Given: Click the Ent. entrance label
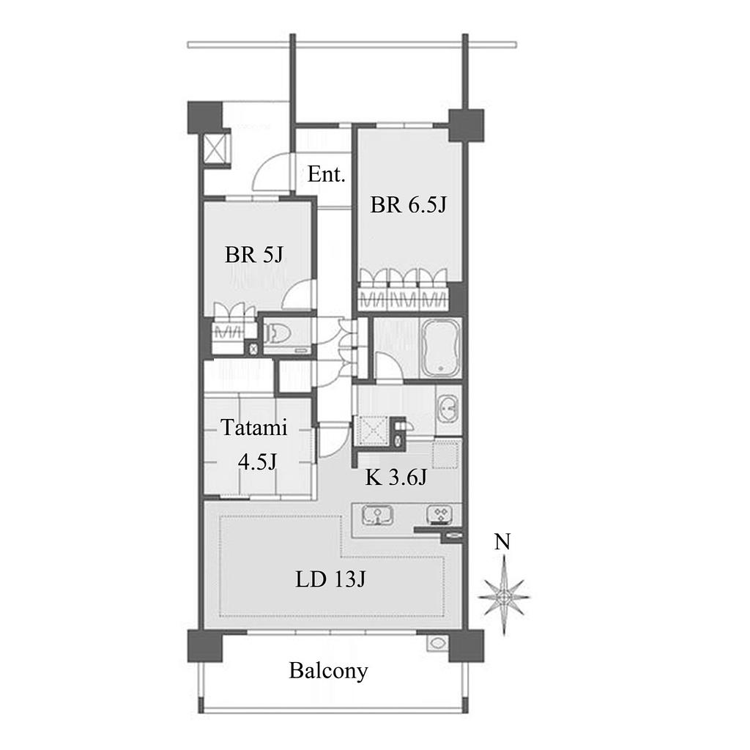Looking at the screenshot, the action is [326, 174].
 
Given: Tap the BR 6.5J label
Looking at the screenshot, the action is [409, 205].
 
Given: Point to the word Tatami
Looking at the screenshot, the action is [254, 427].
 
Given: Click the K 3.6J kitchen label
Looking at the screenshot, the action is [396, 477].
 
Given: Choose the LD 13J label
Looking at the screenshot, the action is [330, 579].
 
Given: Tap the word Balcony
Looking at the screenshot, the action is [328, 671].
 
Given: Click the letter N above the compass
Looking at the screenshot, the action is [502, 542].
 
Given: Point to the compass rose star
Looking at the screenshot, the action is [504, 598].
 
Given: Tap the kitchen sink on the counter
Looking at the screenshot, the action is [377, 516].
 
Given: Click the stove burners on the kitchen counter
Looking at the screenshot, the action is [440, 515].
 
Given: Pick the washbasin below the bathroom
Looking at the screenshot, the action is [448, 409].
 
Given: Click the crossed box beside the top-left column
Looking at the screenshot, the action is [216, 149].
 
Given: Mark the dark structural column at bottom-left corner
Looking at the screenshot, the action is [205, 645].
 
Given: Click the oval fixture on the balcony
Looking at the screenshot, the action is [437, 642].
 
